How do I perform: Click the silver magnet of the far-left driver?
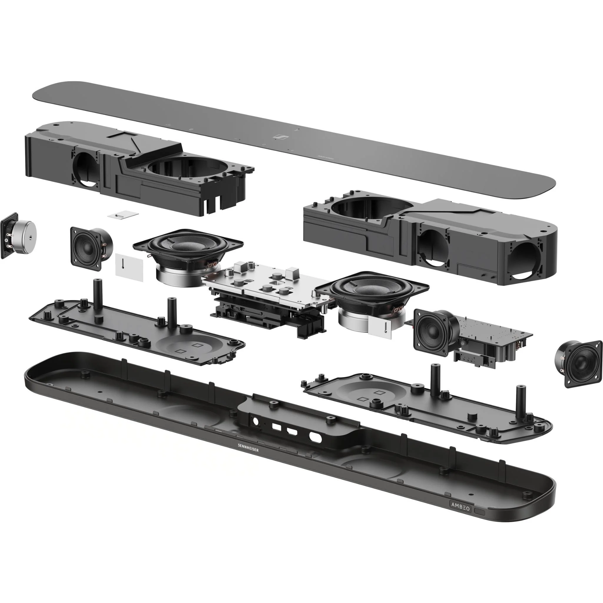click(x=25, y=235)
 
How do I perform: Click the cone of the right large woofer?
click(x=371, y=290)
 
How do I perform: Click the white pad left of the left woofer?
click(x=129, y=267)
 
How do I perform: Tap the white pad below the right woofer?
click(x=380, y=327)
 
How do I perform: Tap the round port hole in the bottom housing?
click(x=256, y=421)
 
